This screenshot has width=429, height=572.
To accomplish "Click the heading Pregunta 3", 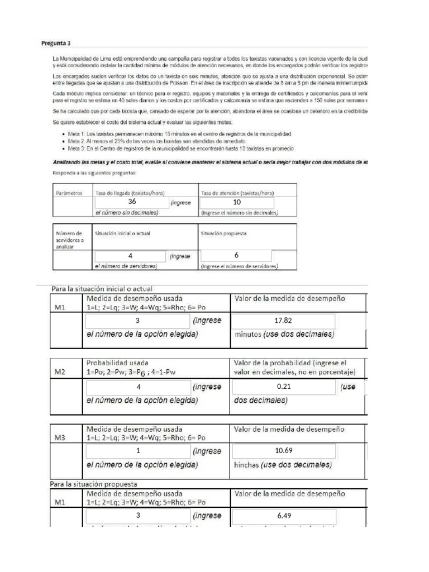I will pyautogui.click(x=56, y=42).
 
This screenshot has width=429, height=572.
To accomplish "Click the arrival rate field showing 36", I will pyautogui.click(x=132, y=202).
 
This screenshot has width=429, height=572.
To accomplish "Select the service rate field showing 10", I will pyautogui.click(x=236, y=202).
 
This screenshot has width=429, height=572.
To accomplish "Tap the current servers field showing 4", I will pyautogui.click(x=130, y=256).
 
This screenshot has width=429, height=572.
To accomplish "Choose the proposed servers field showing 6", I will pyautogui.click(x=236, y=255).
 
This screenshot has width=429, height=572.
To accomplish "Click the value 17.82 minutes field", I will pyautogui.click(x=284, y=321).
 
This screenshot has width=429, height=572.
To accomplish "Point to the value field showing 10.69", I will pyautogui.click(x=284, y=451).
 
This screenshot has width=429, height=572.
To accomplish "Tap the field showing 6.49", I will pyautogui.click(x=284, y=516).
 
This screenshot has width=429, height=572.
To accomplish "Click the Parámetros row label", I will pyautogui.click(x=68, y=193).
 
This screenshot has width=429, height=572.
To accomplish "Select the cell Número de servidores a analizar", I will pyautogui.click(x=68, y=239).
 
